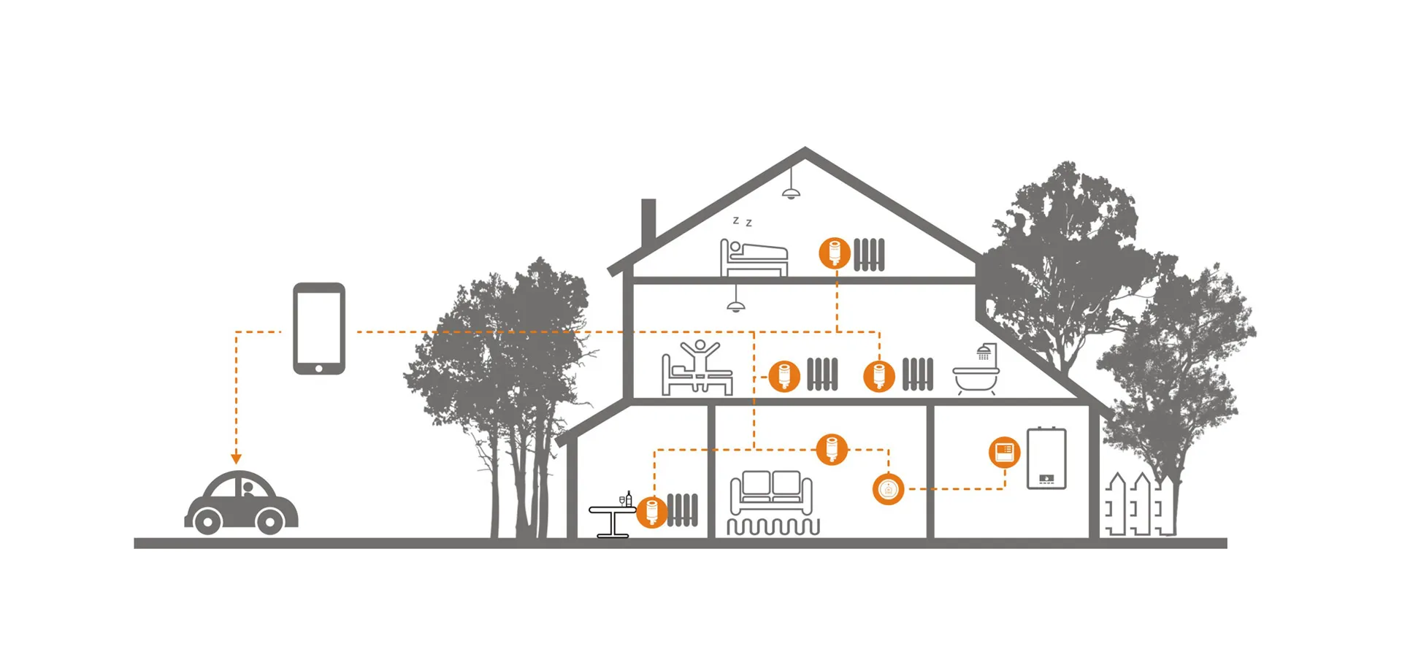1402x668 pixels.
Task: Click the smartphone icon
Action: (x=319, y=328)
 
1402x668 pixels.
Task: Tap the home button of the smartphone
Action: (x=319, y=368)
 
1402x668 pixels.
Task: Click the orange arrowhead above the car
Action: (x=236, y=458)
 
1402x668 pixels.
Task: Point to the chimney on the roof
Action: (x=648, y=223)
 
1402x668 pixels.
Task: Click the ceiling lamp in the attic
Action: (x=791, y=193)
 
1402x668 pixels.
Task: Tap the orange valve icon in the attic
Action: (x=835, y=253)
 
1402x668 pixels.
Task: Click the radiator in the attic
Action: (x=869, y=254)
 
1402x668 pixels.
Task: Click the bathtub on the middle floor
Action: (x=976, y=379)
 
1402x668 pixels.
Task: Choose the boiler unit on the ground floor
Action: (x=1046, y=458)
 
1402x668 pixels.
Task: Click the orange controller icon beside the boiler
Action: (x=1004, y=452)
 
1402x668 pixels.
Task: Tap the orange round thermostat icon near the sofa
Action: (x=888, y=489)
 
